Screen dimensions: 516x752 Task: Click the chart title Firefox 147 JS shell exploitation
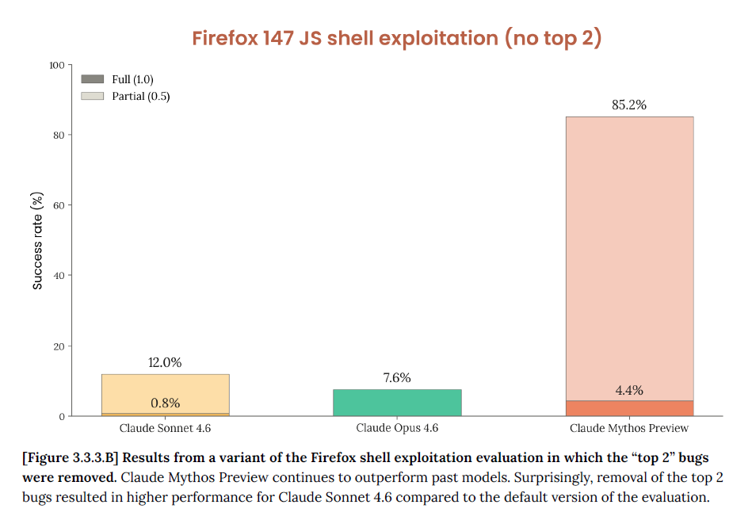click(397, 38)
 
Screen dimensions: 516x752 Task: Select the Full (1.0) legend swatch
click(93, 79)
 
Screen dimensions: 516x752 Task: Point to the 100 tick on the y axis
click(56, 65)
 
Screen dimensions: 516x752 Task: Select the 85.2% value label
click(628, 105)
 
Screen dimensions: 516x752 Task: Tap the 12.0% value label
click(165, 362)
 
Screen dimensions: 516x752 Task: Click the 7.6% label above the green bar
click(396, 378)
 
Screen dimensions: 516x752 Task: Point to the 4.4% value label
click(628, 390)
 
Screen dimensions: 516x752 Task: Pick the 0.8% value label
click(165, 403)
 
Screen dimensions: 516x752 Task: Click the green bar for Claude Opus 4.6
click(397, 403)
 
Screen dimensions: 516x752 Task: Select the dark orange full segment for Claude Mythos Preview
click(628, 408)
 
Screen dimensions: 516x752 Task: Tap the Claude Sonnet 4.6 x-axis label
click(165, 428)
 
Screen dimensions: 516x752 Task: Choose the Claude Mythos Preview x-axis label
click(628, 428)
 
